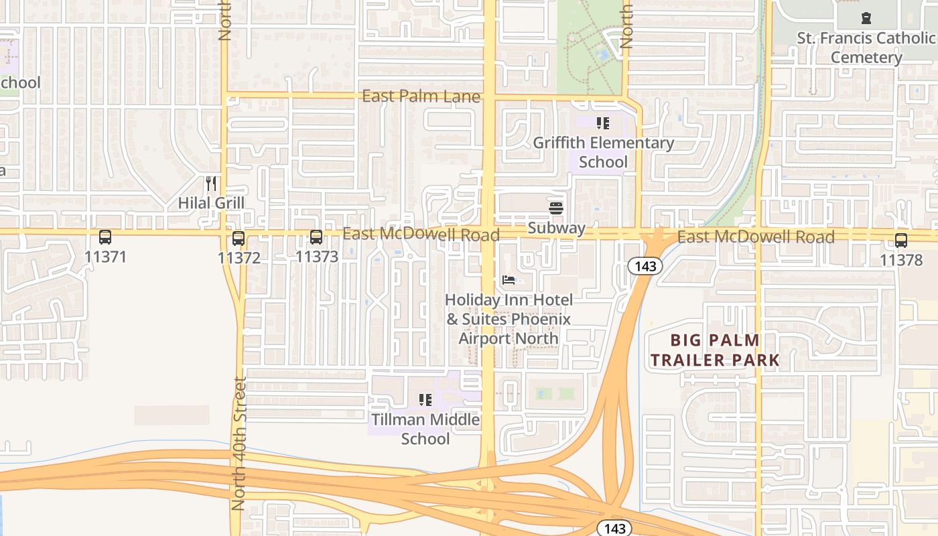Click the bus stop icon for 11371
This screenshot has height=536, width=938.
click(105, 237)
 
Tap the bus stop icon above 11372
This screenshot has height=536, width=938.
click(239, 238)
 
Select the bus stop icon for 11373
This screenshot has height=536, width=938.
click(316, 237)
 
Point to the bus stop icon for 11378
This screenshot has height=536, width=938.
click(901, 241)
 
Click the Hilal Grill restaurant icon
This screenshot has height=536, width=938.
click(211, 184)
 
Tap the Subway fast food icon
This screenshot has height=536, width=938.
click(556, 208)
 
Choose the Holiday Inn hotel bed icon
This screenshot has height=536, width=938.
click(509, 280)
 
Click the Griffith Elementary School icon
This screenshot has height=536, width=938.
click(602, 123)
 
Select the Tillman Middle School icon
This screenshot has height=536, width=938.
click(425, 401)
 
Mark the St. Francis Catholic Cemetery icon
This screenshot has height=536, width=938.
click(866, 18)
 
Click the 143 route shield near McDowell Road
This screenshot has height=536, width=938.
click(645, 266)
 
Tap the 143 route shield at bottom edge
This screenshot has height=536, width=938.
click(614, 528)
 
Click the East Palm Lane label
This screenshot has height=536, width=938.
click(421, 97)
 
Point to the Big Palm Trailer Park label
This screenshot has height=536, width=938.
click(715, 350)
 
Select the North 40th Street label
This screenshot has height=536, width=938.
click(239, 444)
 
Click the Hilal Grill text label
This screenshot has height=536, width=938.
click(211, 203)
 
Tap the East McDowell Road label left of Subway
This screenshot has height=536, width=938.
click(421, 234)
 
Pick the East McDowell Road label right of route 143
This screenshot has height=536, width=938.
click(756, 237)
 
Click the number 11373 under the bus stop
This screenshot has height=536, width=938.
click(316, 257)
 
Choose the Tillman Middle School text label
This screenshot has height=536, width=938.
click(425, 429)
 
